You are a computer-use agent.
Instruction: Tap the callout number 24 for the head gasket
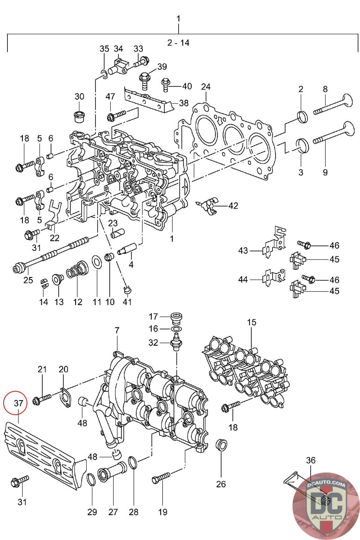206,87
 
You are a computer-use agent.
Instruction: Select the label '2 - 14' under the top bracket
178,43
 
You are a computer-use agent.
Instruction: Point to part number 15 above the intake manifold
251,322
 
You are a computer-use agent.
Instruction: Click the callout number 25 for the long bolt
28,280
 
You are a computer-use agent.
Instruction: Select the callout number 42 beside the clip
233,206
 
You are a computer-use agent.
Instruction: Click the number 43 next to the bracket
243,251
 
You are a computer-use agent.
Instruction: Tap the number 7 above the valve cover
117,331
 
